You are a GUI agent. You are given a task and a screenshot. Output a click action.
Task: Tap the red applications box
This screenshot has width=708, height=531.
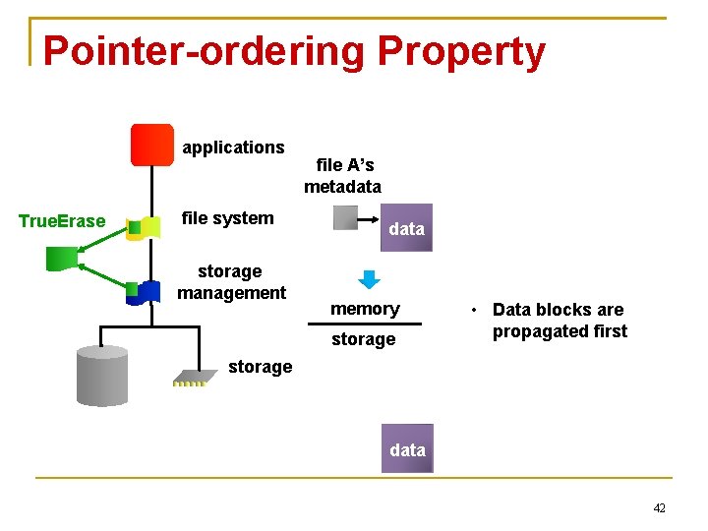(x=151, y=145)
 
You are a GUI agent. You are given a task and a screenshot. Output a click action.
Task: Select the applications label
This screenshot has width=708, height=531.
(x=233, y=147)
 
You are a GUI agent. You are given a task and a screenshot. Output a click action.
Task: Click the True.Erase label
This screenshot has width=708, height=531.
(x=62, y=221)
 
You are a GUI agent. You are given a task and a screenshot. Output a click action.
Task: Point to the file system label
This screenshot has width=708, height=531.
(x=228, y=218)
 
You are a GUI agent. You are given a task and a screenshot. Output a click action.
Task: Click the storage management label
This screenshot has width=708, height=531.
(x=231, y=281)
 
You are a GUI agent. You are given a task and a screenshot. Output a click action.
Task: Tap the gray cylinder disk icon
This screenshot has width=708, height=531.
(x=102, y=375)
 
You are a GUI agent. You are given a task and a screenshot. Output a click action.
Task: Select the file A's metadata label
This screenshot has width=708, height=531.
(x=342, y=176)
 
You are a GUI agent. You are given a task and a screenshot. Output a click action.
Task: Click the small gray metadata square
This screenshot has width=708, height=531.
(x=345, y=217)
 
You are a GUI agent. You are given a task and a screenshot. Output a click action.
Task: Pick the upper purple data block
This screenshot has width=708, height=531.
(x=406, y=229)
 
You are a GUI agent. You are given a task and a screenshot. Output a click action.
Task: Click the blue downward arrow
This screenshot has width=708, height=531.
(x=369, y=279)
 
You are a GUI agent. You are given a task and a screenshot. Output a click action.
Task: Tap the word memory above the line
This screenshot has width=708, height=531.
(x=365, y=309)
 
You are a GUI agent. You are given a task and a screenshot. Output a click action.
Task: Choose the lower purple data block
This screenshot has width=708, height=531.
(x=407, y=450)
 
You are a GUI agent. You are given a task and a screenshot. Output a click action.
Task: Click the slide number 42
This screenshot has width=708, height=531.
(x=659, y=508)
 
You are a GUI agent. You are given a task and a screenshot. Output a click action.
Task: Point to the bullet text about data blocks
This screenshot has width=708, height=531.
(x=559, y=321)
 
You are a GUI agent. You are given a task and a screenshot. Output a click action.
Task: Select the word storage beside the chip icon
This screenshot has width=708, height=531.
(x=260, y=367)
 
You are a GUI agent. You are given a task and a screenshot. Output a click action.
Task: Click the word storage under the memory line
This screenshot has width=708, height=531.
(x=363, y=339)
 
